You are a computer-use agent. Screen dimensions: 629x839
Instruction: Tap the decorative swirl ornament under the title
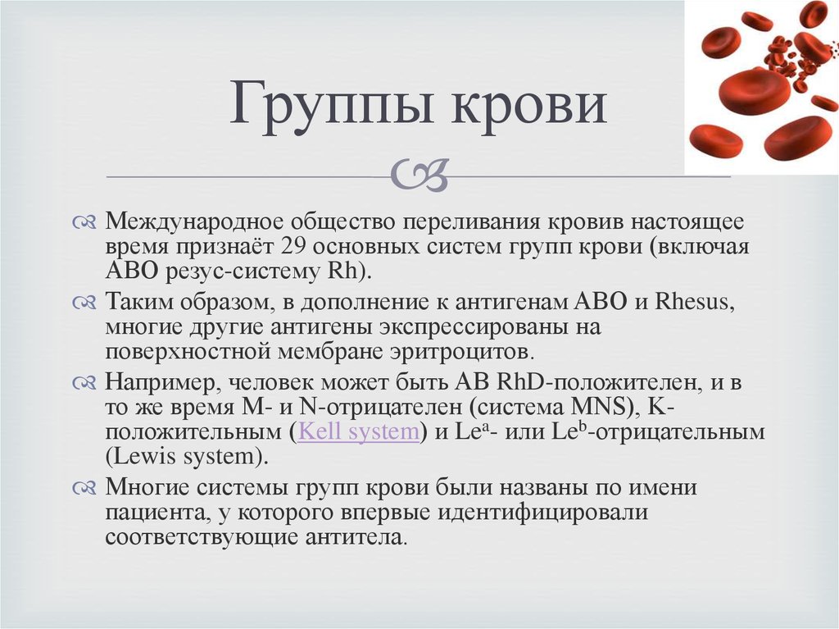(x=419, y=174)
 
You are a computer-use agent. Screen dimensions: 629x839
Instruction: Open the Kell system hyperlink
(x=359, y=431)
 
